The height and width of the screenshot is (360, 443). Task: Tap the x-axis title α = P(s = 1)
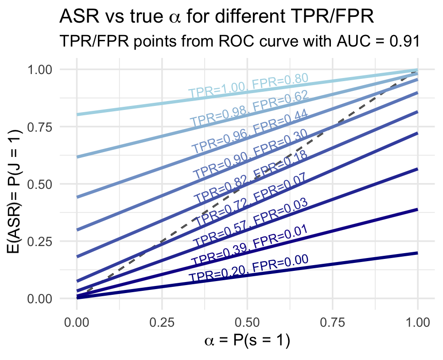(247, 340)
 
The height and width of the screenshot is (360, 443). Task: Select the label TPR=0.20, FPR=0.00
(248, 269)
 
